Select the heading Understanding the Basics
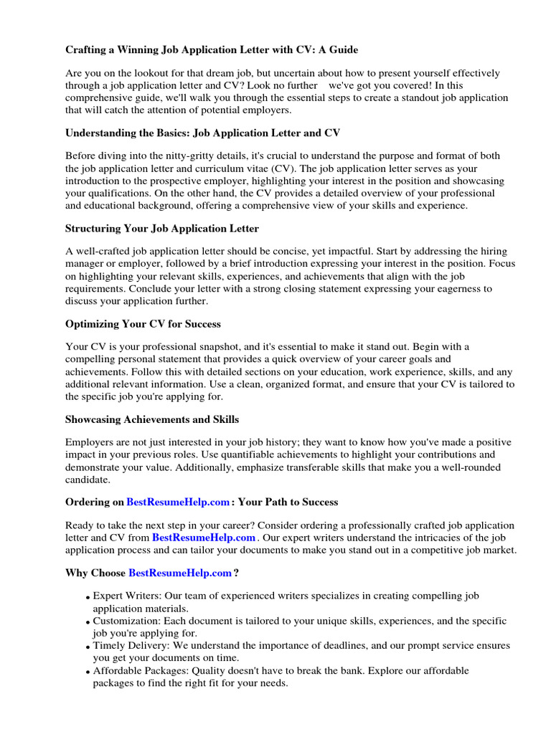point(202,133)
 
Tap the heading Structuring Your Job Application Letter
point(162,229)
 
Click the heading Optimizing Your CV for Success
point(143,324)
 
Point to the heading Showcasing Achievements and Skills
point(152,419)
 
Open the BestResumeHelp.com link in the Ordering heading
point(179,502)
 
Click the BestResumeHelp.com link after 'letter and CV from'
point(204,537)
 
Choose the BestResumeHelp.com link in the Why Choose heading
point(180,573)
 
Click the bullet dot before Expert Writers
point(88,598)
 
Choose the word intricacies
point(420,537)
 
